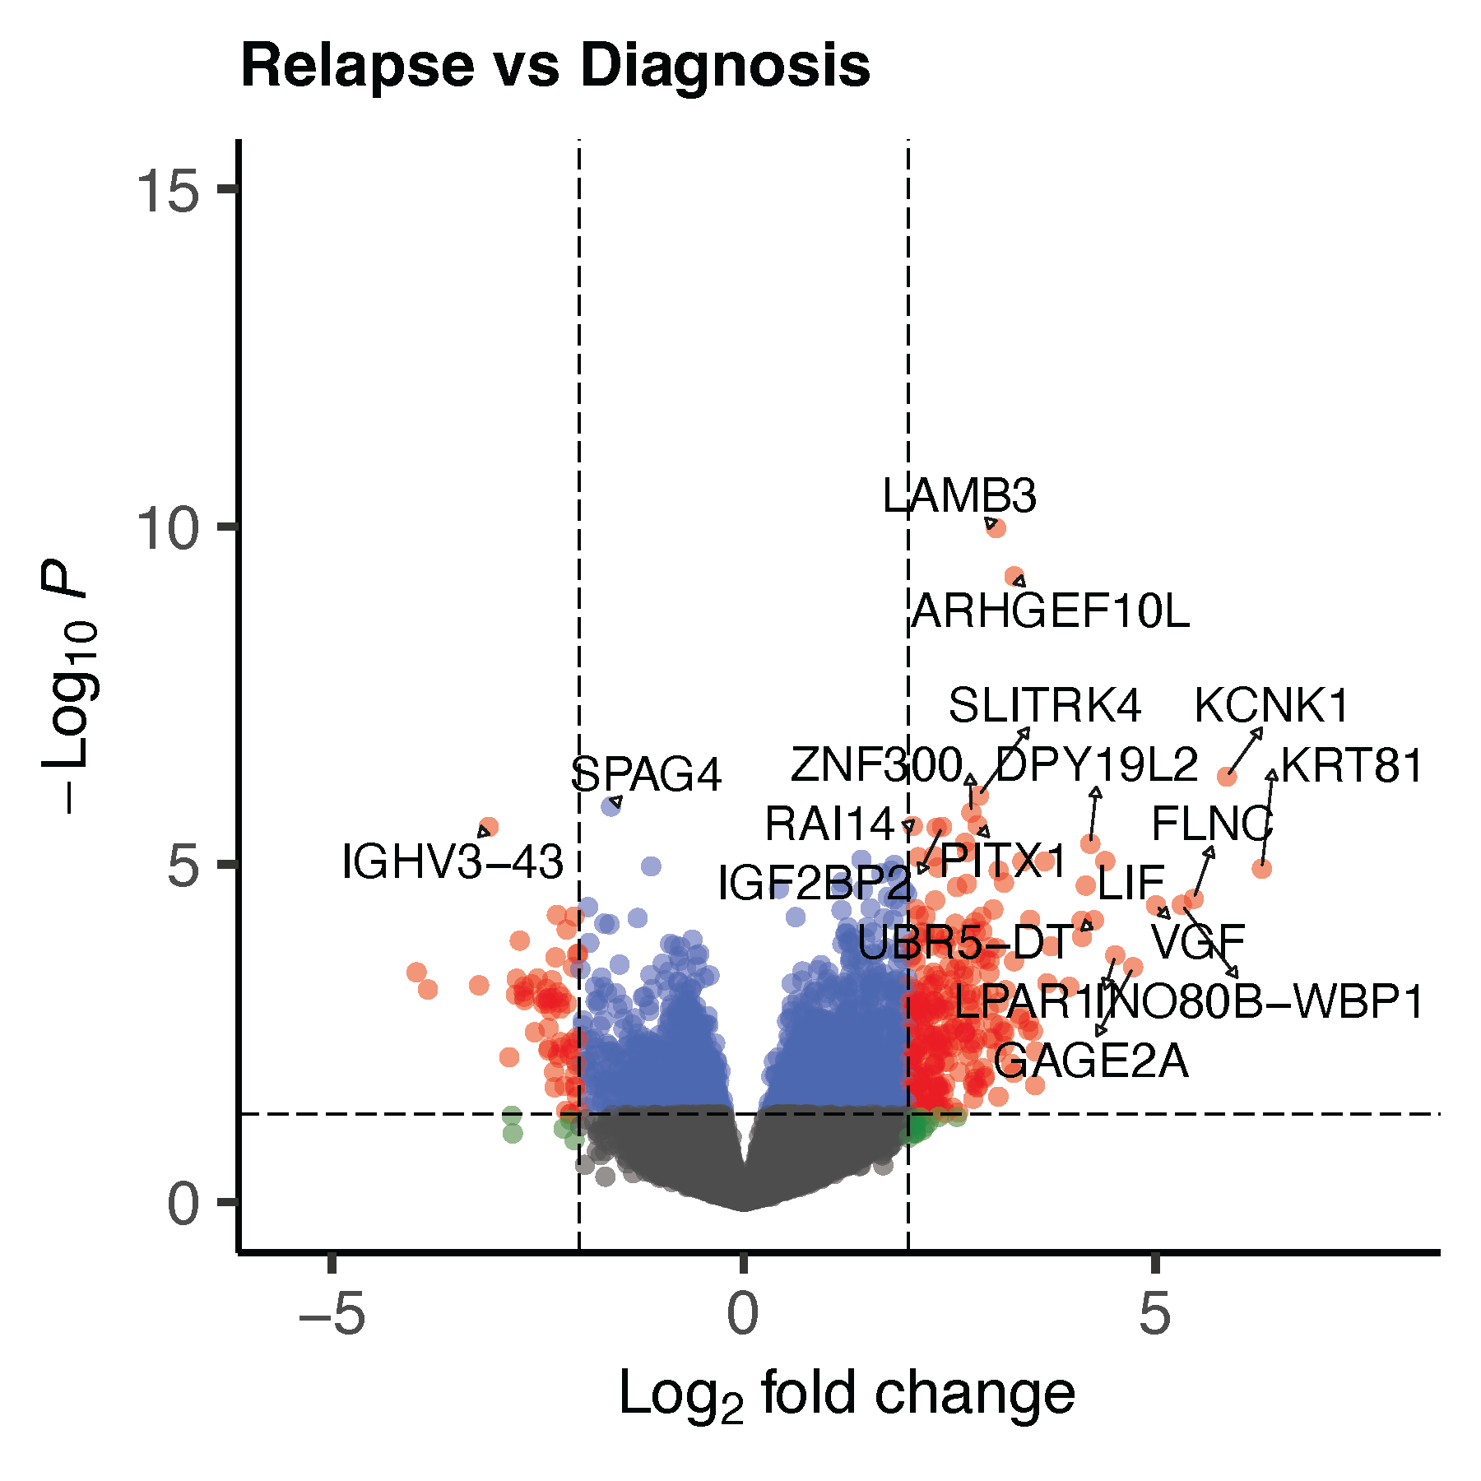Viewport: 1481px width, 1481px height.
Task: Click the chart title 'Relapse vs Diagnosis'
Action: tap(555, 66)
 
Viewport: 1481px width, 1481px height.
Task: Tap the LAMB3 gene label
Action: tap(959, 496)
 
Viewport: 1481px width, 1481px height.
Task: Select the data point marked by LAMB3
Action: tap(996, 527)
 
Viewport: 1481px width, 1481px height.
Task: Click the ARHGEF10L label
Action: tap(1051, 611)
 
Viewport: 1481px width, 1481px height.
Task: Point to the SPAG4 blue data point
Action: tap(611, 806)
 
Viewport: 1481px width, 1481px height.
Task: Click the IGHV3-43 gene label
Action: tap(453, 862)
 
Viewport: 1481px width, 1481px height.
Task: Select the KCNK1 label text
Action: tap(1272, 706)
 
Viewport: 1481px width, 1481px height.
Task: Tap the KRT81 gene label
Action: tap(1352, 766)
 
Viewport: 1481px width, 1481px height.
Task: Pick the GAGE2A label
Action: tap(1091, 1061)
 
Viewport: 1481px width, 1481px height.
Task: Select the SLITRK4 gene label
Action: tap(1045, 706)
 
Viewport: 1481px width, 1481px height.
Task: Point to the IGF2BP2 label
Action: tap(815, 884)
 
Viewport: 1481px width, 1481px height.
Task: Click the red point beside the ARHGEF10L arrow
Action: tap(1014, 576)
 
